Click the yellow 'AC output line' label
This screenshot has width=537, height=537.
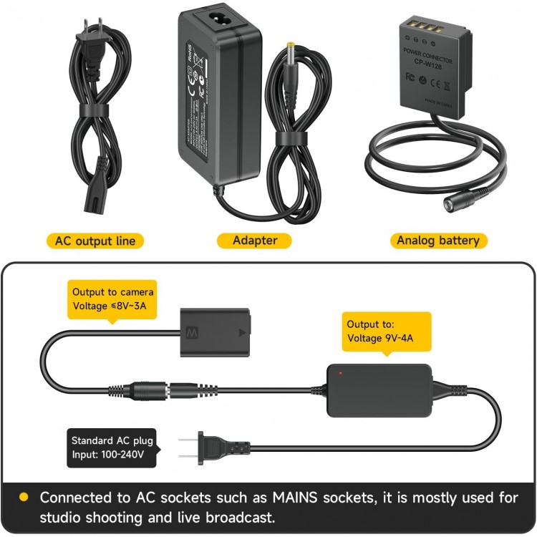95,241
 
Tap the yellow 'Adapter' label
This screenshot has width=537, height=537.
255,241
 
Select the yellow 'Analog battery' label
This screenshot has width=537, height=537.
437,241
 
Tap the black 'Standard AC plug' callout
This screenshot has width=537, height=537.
112,447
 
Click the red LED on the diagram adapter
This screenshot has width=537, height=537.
340,373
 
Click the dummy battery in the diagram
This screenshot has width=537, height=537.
214,333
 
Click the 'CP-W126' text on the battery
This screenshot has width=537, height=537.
428,61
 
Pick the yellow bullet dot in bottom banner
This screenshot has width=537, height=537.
23,497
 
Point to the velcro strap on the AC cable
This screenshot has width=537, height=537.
94,112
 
